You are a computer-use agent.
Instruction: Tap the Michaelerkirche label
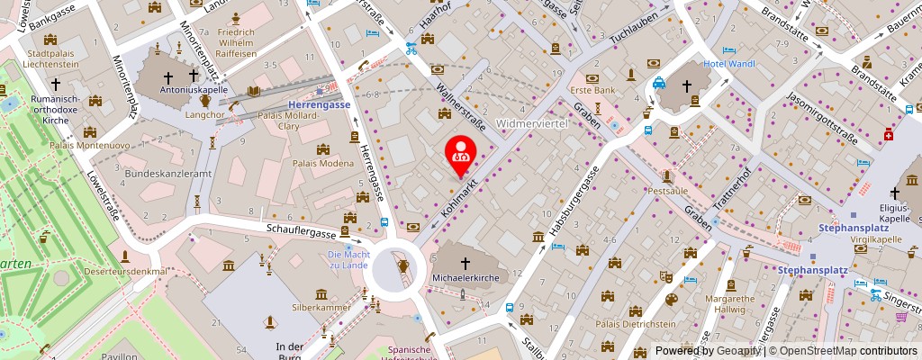(466, 279)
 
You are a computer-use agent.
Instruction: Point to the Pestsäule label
(667, 191)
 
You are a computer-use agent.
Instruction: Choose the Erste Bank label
(592, 90)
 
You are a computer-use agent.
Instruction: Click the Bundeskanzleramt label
(167, 173)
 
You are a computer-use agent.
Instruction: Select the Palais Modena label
(325, 163)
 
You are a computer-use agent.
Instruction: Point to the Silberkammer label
(321, 306)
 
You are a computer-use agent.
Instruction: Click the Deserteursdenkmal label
(126, 271)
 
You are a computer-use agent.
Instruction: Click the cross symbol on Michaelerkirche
(466, 263)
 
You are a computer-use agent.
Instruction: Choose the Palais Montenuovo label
(86, 145)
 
